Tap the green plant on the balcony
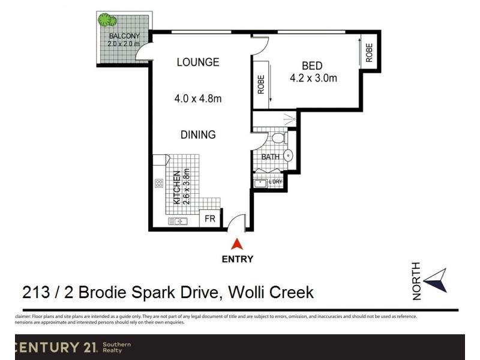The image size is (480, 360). click(x=107, y=20)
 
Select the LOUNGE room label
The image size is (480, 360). click(x=197, y=62)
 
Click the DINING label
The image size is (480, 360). click(x=198, y=135)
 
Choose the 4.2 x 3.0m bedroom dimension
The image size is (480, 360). click(x=313, y=78)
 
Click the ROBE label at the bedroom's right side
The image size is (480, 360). click(x=369, y=53)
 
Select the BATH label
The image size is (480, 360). click(x=270, y=157)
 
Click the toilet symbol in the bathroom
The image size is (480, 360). click(x=278, y=139)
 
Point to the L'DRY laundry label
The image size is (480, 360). click(x=275, y=182)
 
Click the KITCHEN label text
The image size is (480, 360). click(x=178, y=188)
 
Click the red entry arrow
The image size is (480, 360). click(x=238, y=244)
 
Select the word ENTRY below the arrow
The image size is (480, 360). click(x=238, y=260)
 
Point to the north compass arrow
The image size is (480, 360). click(x=436, y=281)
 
